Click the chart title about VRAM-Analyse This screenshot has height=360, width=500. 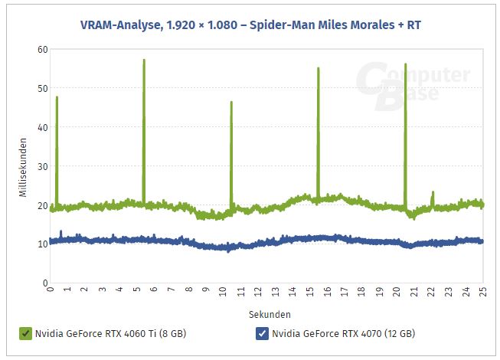250,25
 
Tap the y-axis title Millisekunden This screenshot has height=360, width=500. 24,166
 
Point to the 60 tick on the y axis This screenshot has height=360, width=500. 44,49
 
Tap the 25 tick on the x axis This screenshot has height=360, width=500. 482,291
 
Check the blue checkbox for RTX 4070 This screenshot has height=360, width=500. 262,333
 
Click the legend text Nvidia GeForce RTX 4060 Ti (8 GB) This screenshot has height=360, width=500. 110,333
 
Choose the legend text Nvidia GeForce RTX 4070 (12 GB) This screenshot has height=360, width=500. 343,333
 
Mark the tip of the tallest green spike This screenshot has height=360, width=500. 144,60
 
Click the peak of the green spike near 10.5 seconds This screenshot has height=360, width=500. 231,102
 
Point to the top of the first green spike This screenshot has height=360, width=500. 57,97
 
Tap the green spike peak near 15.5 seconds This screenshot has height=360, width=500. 318,68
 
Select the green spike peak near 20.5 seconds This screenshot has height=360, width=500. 405,64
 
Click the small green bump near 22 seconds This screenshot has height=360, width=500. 433,192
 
